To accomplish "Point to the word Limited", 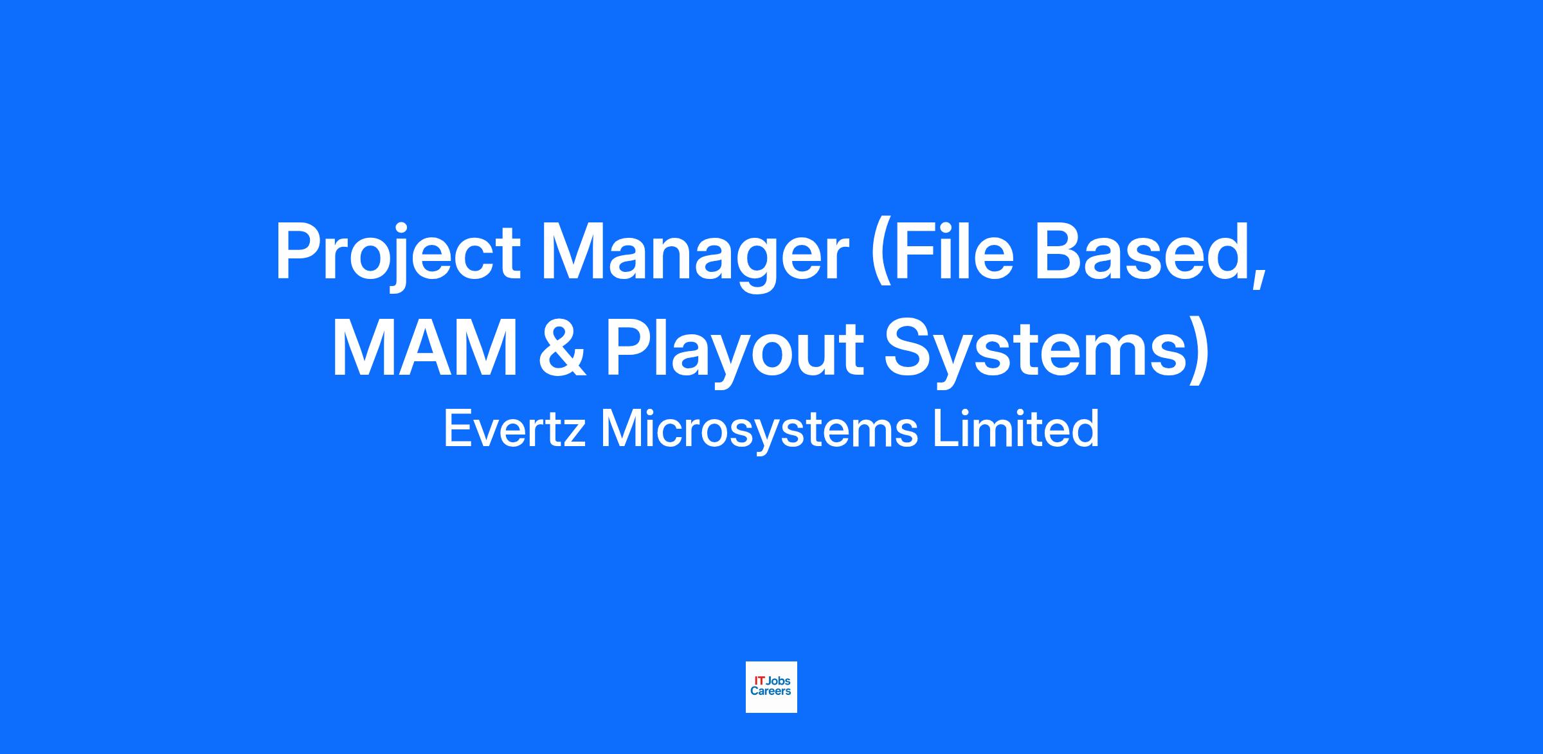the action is click(x=1016, y=429).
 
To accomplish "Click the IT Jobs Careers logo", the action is click(x=771, y=687).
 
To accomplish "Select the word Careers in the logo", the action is click(x=771, y=692).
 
